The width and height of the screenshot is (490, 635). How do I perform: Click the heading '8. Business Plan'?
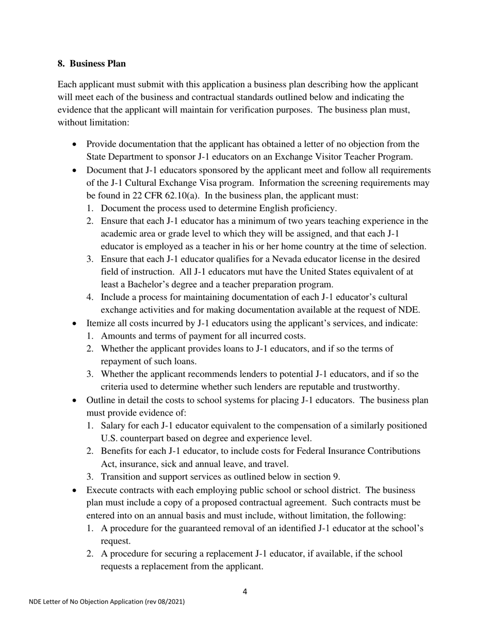coord(91,63)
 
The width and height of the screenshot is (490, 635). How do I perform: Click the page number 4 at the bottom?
coord(244,592)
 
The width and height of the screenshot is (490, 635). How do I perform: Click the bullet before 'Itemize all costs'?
coord(75,324)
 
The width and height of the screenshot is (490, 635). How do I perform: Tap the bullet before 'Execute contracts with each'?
coord(75,490)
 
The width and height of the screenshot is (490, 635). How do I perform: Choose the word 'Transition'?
coord(121,477)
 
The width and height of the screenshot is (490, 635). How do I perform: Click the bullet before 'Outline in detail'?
coord(75,400)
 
